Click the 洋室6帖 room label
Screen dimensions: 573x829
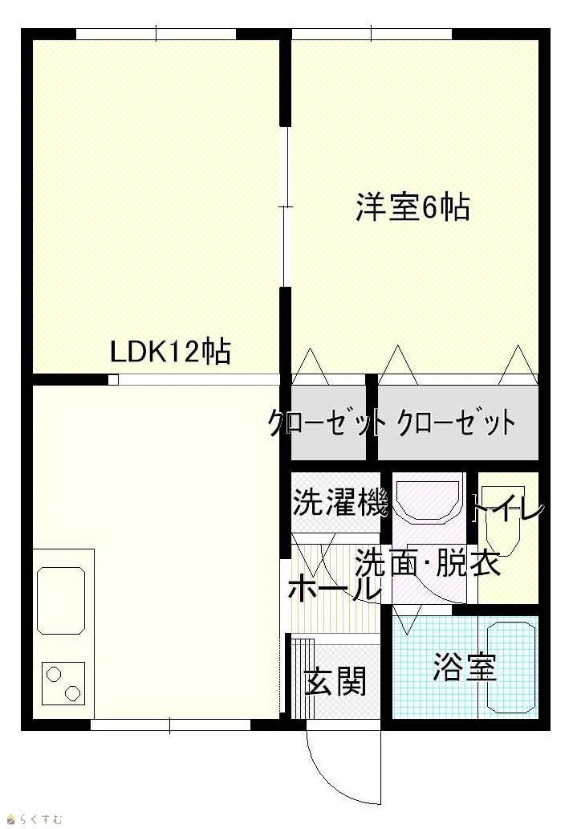(x=412, y=207)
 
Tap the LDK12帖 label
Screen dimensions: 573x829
(x=170, y=351)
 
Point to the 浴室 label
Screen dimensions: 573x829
(x=465, y=667)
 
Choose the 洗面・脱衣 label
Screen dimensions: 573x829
(x=427, y=564)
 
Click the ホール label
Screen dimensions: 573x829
(x=335, y=588)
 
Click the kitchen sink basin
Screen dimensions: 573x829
(x=61, y=601)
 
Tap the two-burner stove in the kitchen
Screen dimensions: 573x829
(x=63, y=683)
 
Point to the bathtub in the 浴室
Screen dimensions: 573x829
(x=511, y=668)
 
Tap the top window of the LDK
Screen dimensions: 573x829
(x=156, y=34)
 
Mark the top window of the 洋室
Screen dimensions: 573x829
(x=372, y=34)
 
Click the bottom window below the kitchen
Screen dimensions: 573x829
(x=170, y=725)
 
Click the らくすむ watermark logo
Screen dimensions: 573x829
(x=35, y=819)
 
